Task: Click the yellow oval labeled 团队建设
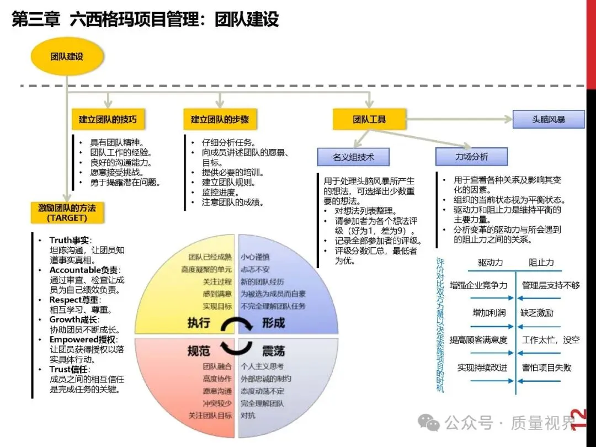(67, 56)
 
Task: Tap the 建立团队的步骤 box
(220, 119)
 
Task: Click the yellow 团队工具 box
(369, 119)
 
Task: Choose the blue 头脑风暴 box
(548, 119)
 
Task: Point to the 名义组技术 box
(353, 157)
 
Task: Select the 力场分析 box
(471, 157)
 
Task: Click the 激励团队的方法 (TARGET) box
(67, 212)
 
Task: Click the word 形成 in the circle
(273, 323)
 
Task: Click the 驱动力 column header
(491, 263)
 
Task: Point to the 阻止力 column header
(541, 263)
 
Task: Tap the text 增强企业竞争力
(478, 285)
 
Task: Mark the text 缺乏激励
(536, 312)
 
